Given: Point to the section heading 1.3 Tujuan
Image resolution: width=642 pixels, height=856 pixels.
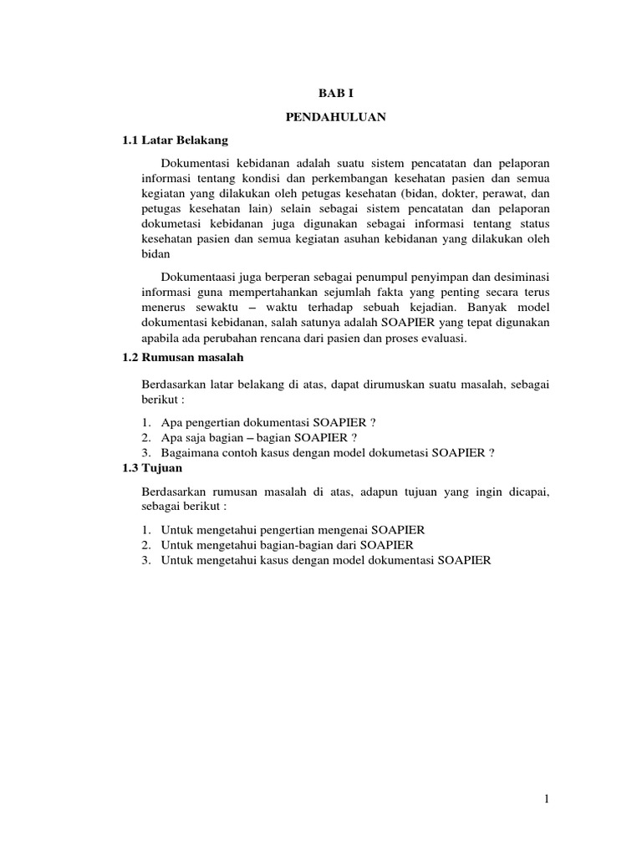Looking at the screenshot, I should [x=154, y=468].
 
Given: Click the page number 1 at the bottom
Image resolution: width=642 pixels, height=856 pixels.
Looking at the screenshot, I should [x=546, y=801].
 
